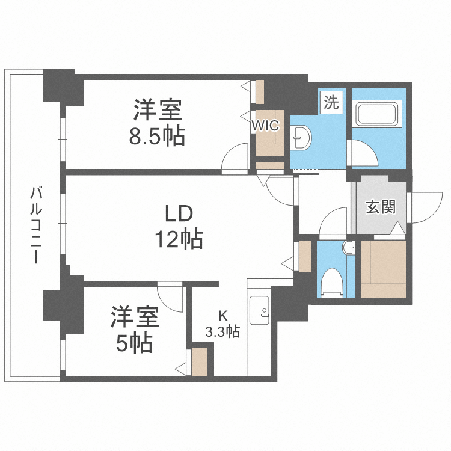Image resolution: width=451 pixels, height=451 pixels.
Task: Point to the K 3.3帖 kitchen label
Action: pos(222,323)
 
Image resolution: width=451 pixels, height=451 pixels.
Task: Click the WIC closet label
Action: pos(265,126)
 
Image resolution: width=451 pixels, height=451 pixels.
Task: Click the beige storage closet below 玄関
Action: pos(384,269)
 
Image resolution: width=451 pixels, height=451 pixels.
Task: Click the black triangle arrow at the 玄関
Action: pos(397,229)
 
